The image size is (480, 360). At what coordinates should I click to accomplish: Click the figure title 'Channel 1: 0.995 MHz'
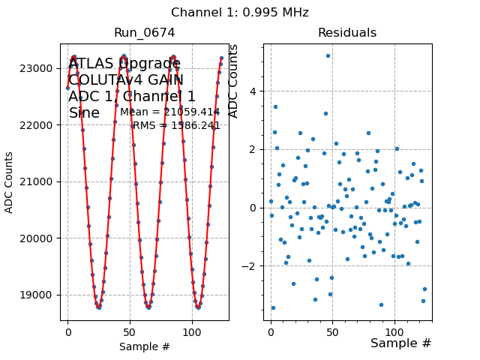coord(239,13)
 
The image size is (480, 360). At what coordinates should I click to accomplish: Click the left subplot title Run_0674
coord(144,33)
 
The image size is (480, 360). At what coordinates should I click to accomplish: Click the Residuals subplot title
coord(346,33)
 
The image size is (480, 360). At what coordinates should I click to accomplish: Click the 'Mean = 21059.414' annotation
coord(169,112)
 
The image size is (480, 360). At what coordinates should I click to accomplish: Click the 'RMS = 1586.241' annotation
coord(176,126)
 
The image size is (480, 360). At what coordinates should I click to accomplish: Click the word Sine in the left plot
coord(84,113)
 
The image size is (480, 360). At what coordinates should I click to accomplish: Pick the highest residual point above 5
coord(328,55)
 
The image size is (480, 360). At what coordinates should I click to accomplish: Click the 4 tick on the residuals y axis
coord(253,91)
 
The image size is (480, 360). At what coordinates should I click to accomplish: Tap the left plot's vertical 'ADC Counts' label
coord(10,182)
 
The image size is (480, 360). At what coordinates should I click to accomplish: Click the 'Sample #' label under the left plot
coord(144,346)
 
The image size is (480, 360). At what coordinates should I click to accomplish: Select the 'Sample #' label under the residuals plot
coord(400,343)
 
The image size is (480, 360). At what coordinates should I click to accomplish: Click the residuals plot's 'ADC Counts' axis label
coord(233,81)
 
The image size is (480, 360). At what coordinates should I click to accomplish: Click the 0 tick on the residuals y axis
coord(253,208)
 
